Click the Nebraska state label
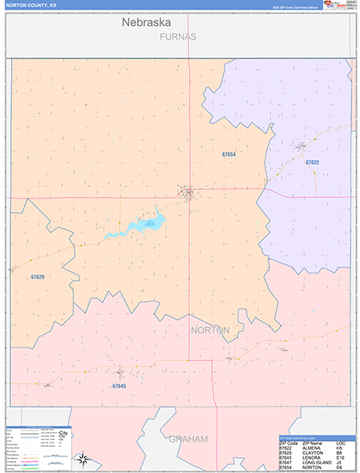(146, 23)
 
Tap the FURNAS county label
(177, 37)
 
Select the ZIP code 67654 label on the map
(228, 155)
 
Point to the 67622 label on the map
(312, 162)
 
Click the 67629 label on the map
(37, 277)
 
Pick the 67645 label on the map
(119, 386)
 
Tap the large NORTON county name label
(210, 330)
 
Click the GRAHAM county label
(187, 438)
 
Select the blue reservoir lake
(138, 225)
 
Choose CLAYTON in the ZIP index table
(309, 451)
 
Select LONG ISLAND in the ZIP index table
(313, 462)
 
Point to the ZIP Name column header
(310, 440)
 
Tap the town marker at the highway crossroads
(187, 193)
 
